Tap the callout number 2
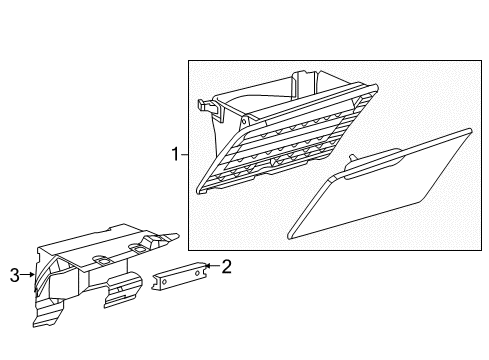(x=227, y=266)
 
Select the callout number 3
(x=14, y=273)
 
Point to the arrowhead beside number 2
(x=207, y=267)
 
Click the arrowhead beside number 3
(x=33, y=273)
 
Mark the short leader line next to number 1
(x=184, y=155)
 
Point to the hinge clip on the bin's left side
(x=206, y=103)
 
